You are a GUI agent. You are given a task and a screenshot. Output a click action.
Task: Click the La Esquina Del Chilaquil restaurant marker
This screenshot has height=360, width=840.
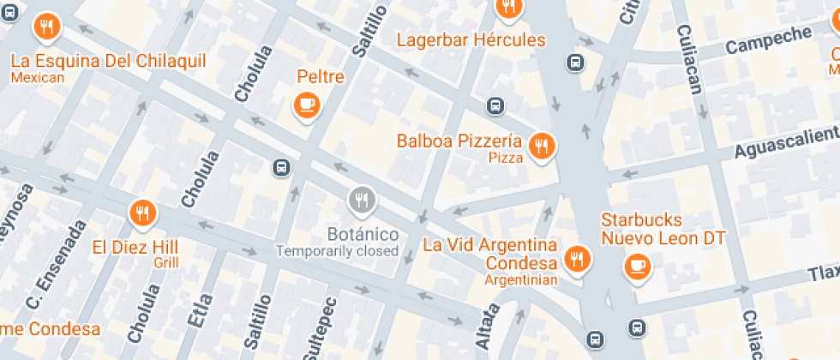pyautogui.click(x=46, y=28)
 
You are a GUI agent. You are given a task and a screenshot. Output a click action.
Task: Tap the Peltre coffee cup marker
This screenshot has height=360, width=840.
pyautogui.click(x=305, y=105)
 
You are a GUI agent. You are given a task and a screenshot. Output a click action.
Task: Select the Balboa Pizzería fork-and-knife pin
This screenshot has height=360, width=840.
pyautogui.click(x=541, y=147)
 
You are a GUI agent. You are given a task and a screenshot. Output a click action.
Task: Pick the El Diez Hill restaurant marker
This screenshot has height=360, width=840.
pyautogui.click(x=141, y=213)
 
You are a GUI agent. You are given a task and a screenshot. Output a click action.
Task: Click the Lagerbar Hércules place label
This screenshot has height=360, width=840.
pyautogui.click(x=471, y=40)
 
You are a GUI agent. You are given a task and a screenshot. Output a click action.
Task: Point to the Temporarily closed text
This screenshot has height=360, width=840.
pyautogui.click(x=337, y=251)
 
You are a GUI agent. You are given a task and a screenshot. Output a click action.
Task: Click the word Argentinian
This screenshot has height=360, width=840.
pyautogui.click(x=520, y=279)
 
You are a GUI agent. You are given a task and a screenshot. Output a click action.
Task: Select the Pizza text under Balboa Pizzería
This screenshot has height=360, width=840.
pyautogui.click(x=506, y=158)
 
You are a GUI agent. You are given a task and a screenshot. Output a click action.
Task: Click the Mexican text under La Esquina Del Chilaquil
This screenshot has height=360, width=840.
pyautogui.click(x=38, y=78)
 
